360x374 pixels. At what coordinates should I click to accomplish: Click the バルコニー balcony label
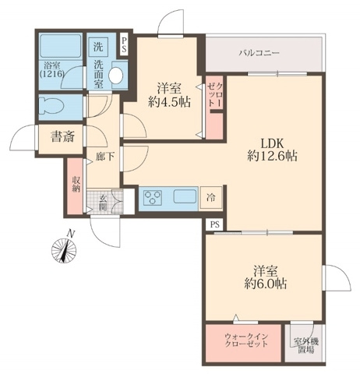[x=259, y=53]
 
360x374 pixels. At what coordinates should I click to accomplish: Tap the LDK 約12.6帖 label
[x=272, y=150]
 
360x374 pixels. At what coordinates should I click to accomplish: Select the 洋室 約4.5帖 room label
[x=169, y=95]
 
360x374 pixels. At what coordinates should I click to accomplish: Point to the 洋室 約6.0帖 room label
[x=266, y=277]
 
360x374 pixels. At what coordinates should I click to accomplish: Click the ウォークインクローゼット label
[x=246, y=340]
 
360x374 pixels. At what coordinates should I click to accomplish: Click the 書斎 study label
[x=63, y=136]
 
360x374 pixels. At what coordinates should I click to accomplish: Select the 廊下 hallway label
[x=104, y=156]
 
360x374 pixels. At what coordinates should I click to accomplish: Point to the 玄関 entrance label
[x=103, y=203]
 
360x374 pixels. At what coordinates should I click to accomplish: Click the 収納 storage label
[x=76, y=184]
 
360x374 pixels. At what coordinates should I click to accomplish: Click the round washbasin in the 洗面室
[x=116, y=76]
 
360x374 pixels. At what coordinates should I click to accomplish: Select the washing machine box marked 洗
[x=98, y=47]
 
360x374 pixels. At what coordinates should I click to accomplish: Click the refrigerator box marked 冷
[x=211, y=198]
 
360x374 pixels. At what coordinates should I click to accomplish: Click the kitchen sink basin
[x=185, y=196]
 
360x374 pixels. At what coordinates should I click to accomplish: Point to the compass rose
[x=64, y=250]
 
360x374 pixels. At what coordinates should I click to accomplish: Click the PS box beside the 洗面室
[x=124, y=44]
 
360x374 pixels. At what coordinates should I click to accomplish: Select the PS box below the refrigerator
[x=215, y=224]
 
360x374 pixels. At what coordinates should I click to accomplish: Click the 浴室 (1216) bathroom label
[x=51, y=69]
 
